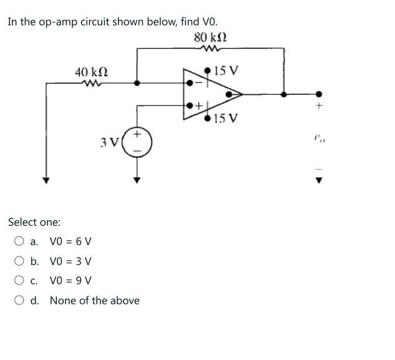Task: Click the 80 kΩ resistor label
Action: click(x=210, y=37)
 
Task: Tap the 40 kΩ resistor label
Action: click(x=91, y=72)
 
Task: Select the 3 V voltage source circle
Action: click(x=137, y=143)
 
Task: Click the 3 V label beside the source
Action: click(x=109, y=143)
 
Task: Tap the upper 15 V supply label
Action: click(x=225, y=71)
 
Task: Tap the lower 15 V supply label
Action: click(x=225, y=119)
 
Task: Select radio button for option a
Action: click(x=20, y=241)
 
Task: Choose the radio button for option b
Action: click(x=20, y=261)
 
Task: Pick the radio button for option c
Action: click(x=20, y=281)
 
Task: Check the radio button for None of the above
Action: click(x=20, y=301)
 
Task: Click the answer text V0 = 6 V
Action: click(x=71, y=241)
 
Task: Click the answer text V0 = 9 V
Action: click(x=71, y=281)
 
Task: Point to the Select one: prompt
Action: click(x=34, y=221)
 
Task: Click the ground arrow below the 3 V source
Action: click(x=137, y=180)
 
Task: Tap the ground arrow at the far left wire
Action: click(x=45, y=180)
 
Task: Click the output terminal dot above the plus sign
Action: click(x=319, y=94)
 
